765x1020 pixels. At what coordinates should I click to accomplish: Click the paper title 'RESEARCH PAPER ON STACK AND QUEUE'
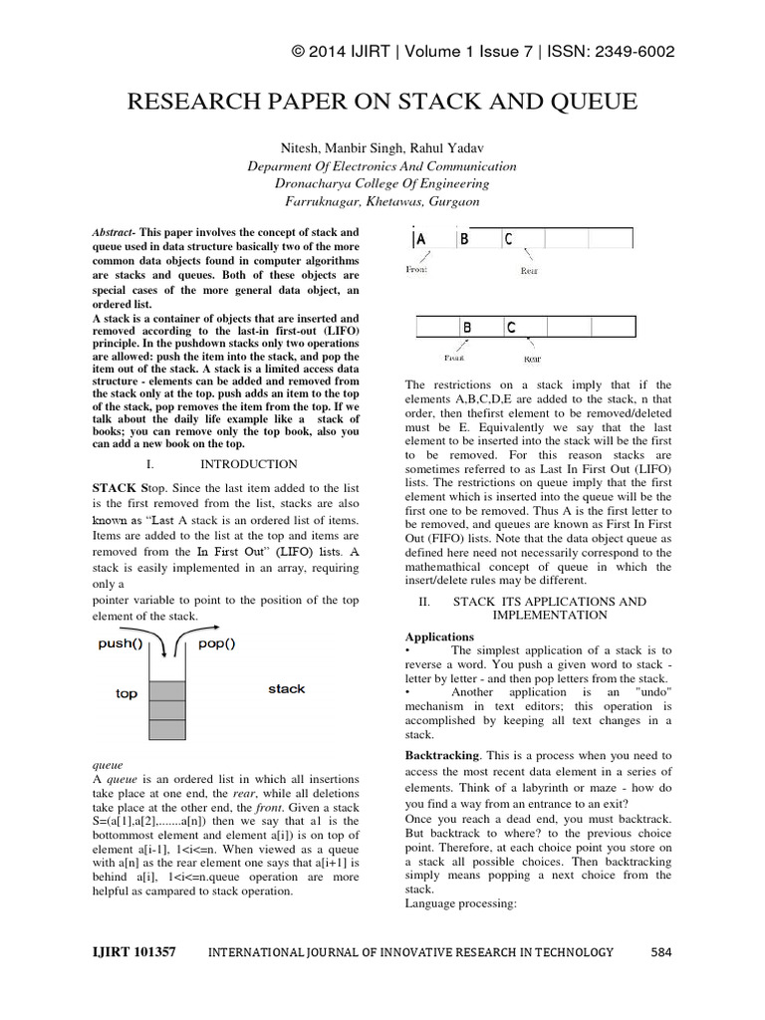point(382,104)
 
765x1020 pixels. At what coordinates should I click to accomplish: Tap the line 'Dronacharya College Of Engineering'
point(382,183)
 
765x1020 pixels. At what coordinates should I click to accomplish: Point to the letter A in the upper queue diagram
point(420,239)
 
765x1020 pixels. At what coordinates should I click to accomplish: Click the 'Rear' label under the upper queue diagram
point(529,270)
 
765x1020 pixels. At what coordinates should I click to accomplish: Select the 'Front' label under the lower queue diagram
point(454,357)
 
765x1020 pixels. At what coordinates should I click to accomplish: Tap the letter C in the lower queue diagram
point(511,327)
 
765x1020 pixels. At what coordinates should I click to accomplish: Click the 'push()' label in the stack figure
point(121,643)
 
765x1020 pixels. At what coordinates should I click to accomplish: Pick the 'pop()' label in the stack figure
point(216,643)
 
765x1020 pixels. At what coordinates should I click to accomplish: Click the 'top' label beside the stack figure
point(127,693)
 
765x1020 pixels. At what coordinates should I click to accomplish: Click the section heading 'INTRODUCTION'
point(249,464)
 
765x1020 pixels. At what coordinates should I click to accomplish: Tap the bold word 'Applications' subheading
point(439,637)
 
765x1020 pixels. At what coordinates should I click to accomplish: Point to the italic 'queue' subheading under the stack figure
point(108,765)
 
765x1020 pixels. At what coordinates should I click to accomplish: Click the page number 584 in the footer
point(661,952)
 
